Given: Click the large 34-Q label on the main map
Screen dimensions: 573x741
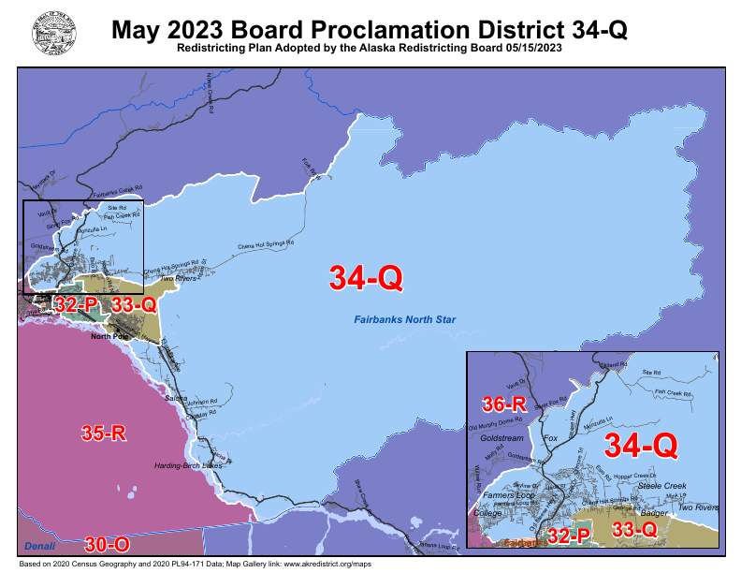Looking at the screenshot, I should (x=366, y=277).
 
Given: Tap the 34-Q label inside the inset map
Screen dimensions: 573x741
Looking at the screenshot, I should (x=641, y=445).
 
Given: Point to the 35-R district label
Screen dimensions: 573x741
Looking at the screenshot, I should (x=104, y=433).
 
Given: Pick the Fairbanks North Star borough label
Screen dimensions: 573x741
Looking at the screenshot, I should (x=404, y=321).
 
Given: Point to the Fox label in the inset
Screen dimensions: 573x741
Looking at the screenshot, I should (x=551, y=437).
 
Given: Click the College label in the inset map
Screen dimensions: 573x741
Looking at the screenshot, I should (x=487, y=514).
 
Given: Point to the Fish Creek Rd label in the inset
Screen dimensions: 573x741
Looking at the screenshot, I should (x=674, y=392).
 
